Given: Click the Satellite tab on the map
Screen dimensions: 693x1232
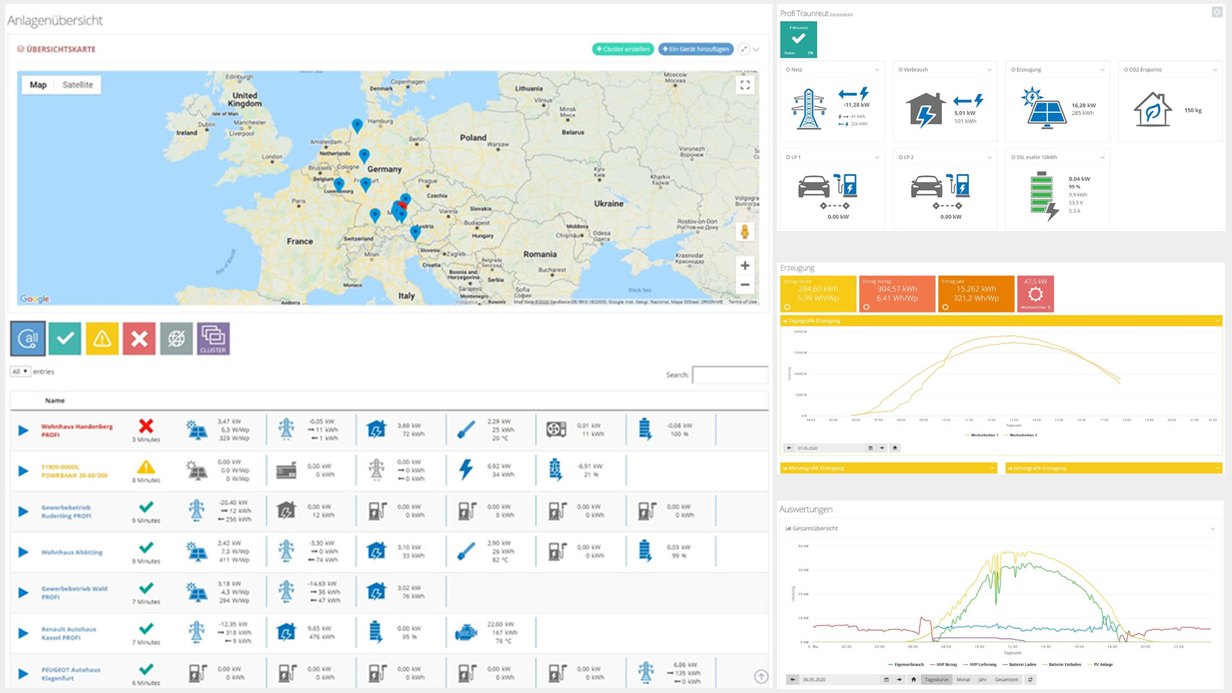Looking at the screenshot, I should (78, 85).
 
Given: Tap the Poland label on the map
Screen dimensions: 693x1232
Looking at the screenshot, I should (473, 137).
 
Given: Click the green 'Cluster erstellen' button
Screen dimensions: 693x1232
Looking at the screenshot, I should (622, 49).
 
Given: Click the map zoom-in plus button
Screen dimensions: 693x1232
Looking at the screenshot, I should (745, 265).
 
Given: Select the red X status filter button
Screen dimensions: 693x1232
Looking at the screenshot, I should (139, 338).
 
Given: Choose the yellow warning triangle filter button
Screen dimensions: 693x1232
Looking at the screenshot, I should (102, 338).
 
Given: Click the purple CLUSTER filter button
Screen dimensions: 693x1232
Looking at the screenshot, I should (213, 338).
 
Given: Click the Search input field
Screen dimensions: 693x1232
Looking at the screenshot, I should (730, 375).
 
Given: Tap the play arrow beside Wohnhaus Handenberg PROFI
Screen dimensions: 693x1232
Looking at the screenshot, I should (23, 430).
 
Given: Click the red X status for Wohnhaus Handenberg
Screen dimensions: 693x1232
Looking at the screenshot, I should (146, 426).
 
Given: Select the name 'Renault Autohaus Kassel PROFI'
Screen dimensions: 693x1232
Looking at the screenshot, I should (69, 633).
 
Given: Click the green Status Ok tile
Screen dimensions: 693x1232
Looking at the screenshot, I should (798, 40).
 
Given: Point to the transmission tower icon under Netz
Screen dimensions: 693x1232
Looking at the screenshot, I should (809, 110).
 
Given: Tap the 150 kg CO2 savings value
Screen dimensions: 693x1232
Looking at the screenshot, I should (1193, 110).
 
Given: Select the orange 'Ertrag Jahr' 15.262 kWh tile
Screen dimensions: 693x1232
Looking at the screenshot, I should (975, 294).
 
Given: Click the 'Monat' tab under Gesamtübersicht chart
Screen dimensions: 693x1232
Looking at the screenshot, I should (963, 680).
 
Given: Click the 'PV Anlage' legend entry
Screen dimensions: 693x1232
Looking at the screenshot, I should (1103, 665).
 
